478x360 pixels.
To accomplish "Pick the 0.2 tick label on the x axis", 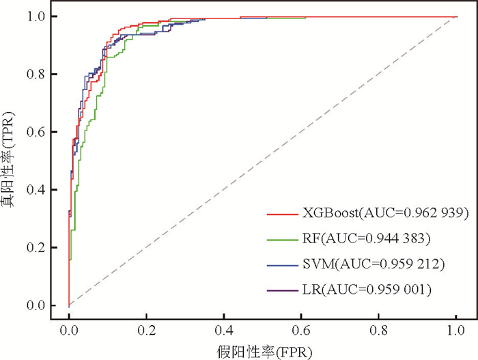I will click(x=146, y=329).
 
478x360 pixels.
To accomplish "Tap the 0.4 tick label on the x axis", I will click(x=223, y=329).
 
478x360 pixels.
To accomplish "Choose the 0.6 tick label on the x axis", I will click(x=301, y=329).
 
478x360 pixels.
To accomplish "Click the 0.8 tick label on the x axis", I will click(x=378, y=329).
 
